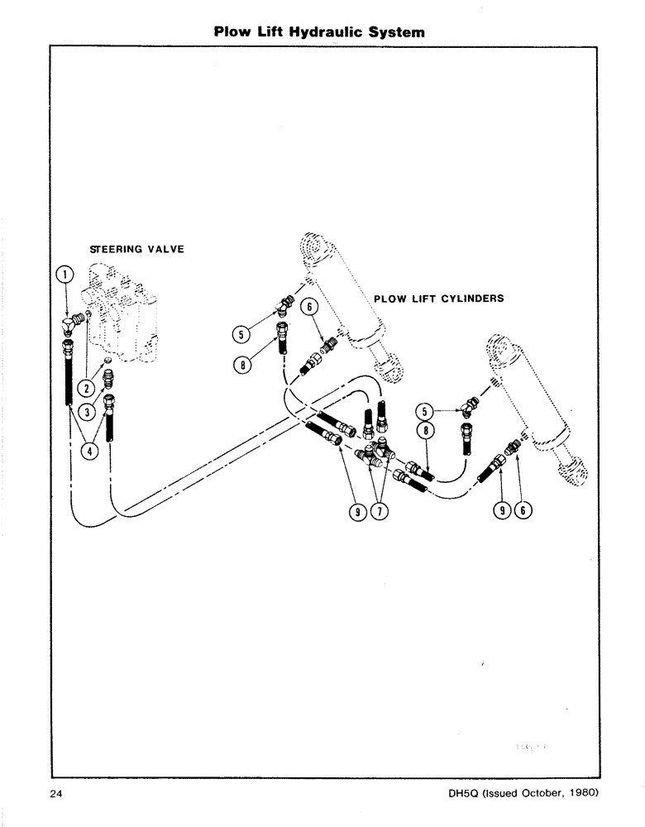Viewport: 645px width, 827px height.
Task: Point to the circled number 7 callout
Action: pyautogui.click(x=380, y=512)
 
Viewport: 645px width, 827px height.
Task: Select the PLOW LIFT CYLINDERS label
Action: pyautogui.click(x=438, y=299)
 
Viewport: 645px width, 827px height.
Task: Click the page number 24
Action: pyautogui.click(x=55, y=795)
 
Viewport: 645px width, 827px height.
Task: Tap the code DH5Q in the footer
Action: pyautogui.click(x=460, y=795)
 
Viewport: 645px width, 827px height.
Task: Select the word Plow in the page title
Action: pyautogui.click(x=231, y=33)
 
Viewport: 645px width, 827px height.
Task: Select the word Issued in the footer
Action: pyautogui.click(x=500, y=795)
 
